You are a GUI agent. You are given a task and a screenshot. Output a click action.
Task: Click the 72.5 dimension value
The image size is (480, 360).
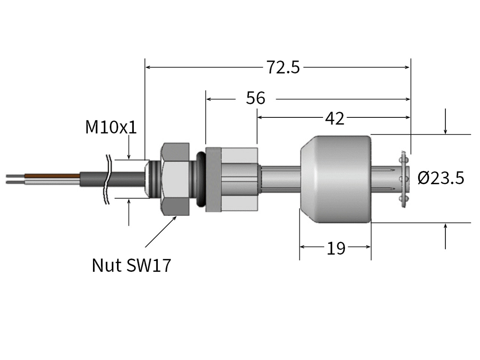point(283,67)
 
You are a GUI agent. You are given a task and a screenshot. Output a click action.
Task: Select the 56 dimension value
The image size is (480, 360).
point(255,98)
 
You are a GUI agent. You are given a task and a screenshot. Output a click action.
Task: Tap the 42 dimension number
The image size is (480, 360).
point(334,118)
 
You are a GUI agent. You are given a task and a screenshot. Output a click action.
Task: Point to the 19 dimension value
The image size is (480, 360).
point(336,248)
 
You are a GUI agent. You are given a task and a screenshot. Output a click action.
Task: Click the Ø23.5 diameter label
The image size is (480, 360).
point(441,178)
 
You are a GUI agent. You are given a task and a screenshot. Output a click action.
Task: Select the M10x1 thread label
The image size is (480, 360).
point(111,127)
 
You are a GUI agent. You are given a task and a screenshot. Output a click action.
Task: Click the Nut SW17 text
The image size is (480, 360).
point(131,265)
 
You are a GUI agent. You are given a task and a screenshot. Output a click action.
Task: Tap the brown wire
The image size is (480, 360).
point(52,175)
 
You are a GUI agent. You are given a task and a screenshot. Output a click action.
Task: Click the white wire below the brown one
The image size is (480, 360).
point(52,182)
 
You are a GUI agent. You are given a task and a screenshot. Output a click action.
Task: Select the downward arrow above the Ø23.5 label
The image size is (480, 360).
point(445,122)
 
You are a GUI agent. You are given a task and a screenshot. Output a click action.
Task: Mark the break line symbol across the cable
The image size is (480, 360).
point(108,179)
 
